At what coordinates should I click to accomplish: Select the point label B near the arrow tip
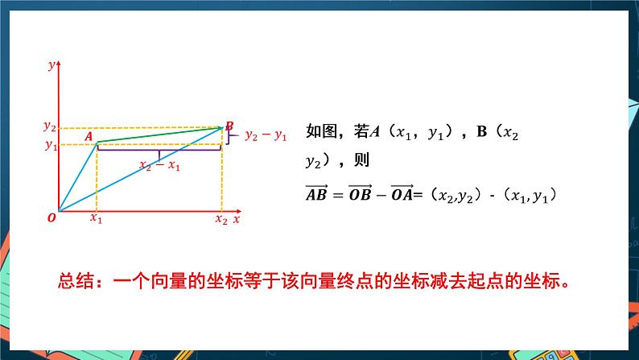click(x=229, y=125)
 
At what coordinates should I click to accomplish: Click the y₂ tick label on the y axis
click(x=49, y=126)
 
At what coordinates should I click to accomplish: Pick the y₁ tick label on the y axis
click(x=50, y=145)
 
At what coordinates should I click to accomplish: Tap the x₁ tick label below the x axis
click(x=96, y=218)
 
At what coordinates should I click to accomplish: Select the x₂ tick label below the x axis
click(x=221, y=218)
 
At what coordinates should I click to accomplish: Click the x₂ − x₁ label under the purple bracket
click(x=159, y=166)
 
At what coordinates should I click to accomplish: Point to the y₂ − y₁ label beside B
click(x=266, y=135)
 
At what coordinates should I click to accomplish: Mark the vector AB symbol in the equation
click(x=319, y=193)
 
